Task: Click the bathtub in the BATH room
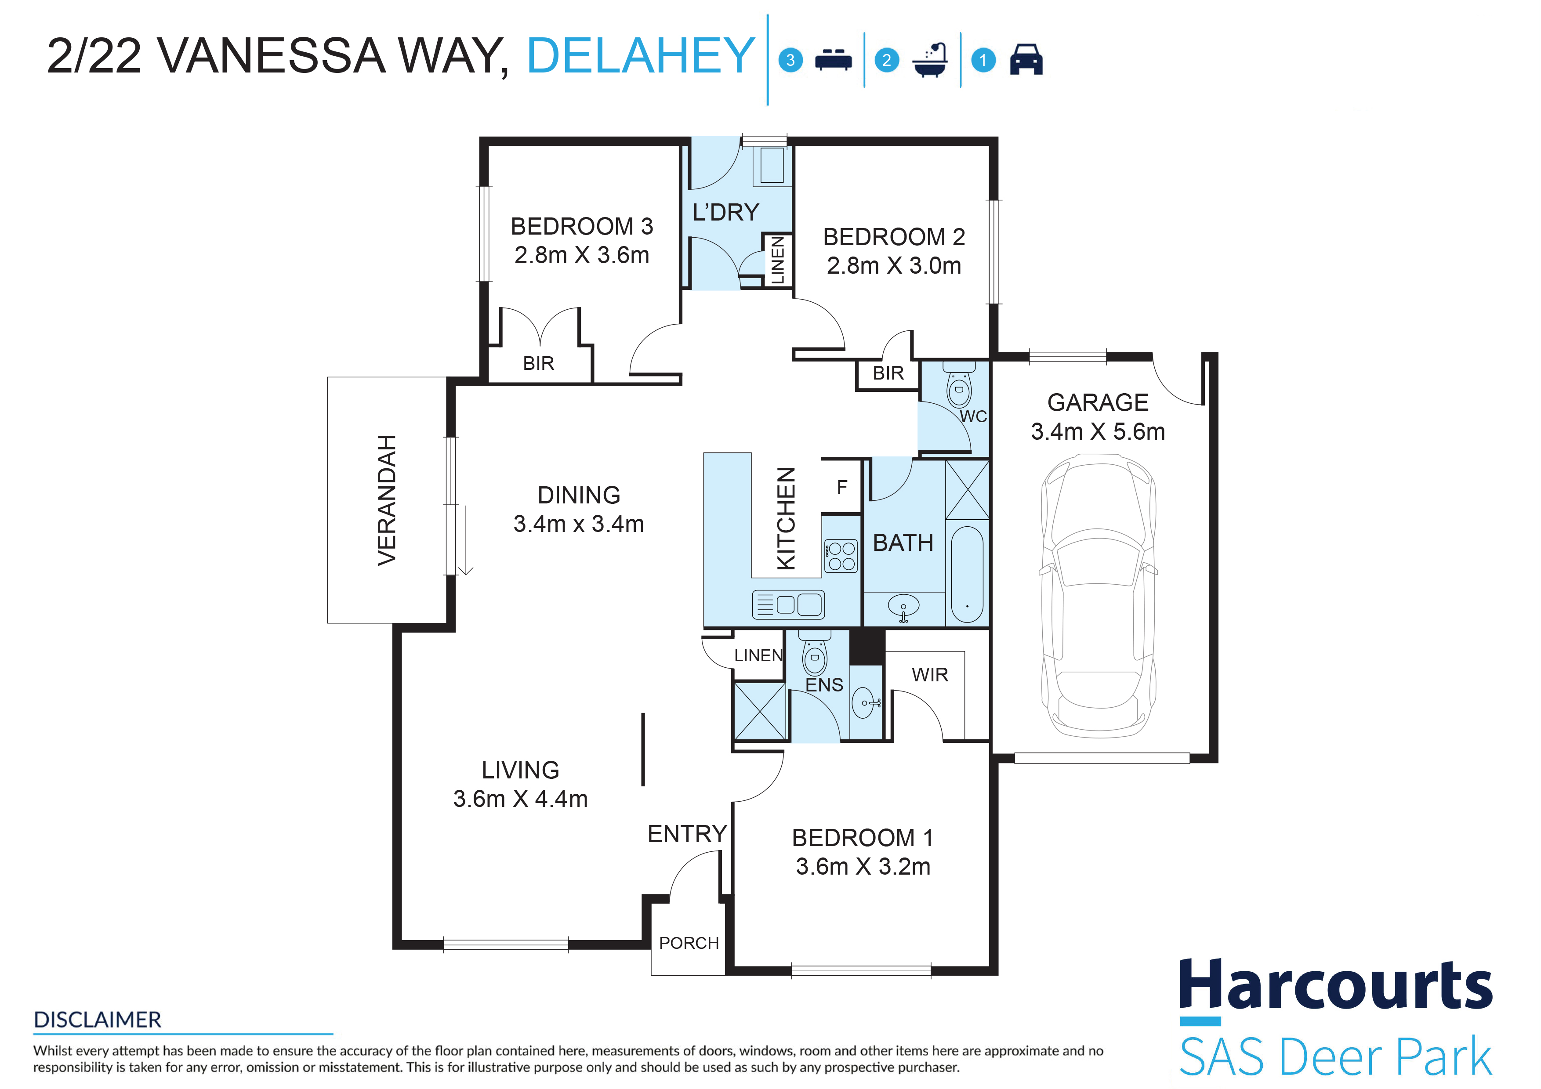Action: [x=967, y=574]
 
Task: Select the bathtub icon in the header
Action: [x=930, y=60]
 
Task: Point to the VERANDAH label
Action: [x=387, y=500]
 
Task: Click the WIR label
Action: [x=930, y=675]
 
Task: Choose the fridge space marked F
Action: [x=841, y=486]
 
